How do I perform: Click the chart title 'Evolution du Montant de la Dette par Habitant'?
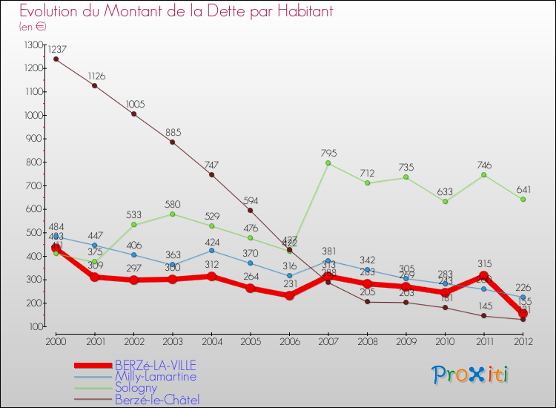[x=176, y=12]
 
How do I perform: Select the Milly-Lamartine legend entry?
[x=155, y=376]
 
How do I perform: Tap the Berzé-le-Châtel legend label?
[x=156, y=400]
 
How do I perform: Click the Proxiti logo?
[x=471, y=375]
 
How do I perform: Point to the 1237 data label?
[x=56, y=49]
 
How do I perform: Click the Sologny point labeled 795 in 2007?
[x=328, y=163]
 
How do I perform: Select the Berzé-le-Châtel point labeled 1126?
[x=95, y=86]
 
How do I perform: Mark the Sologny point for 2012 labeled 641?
[x=523, y=200]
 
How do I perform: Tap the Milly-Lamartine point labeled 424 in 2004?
[x=211, y=251]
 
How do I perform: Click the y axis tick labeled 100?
[x=36, y=326]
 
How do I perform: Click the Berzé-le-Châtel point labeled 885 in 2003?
[x=173, y=142]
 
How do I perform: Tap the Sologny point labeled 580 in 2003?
[x=173, y=214]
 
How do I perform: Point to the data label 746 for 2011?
[x=483, y=165]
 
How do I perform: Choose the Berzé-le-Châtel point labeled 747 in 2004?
[x=211, y=175]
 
